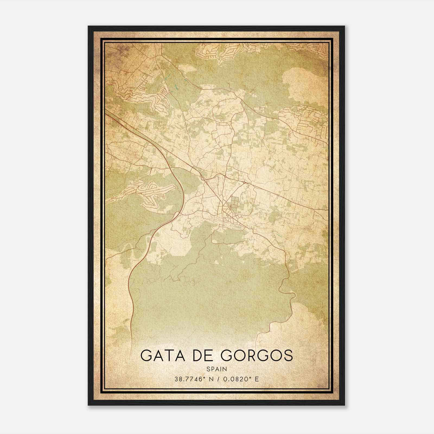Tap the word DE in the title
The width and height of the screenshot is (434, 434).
(200, 356)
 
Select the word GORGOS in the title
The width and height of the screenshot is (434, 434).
(257, 356)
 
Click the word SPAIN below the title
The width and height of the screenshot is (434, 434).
(216, 369)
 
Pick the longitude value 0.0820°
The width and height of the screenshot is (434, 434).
(235, 379)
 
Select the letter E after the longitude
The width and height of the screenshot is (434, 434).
(257, 379)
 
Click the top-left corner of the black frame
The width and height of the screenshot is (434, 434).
(88, 26)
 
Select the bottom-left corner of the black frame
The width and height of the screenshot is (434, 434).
(88, 405)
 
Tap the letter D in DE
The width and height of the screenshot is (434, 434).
(195, 356)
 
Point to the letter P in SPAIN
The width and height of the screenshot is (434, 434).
(212, 369)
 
